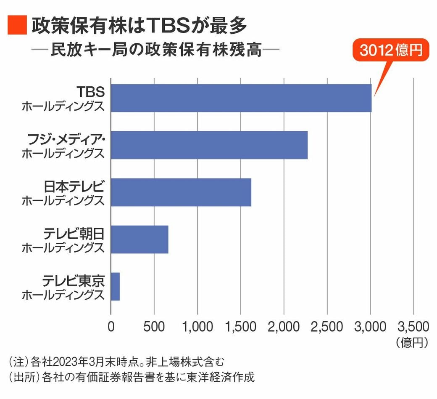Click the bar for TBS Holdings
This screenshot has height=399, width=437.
click(x=241, y=98)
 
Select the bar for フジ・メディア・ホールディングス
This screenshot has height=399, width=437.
click(x=209, y=145)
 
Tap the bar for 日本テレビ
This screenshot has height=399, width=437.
click(x=181, y=192)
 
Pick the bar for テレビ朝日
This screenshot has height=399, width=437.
click(x=140, y=239)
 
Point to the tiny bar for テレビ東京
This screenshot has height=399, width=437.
click(x=115, y=287)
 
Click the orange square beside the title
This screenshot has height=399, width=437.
click(x=17, y=26)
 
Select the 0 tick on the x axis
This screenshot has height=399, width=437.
click(x=111, y=327)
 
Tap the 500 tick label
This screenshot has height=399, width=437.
click(x=154, y=327)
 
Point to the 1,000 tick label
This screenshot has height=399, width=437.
click(x=197, y=327)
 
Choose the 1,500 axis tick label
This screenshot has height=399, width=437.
click(x=241, y=327)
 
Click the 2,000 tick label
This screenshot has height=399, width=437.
click(x=284, y=327)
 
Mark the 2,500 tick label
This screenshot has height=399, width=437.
click(x=327, y=327)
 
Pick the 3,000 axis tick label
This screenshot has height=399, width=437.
click(x=370, y=327)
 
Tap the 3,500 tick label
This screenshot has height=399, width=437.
click(x=413, y=327)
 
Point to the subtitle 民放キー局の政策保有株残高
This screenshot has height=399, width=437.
click(x=156, y=51)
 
